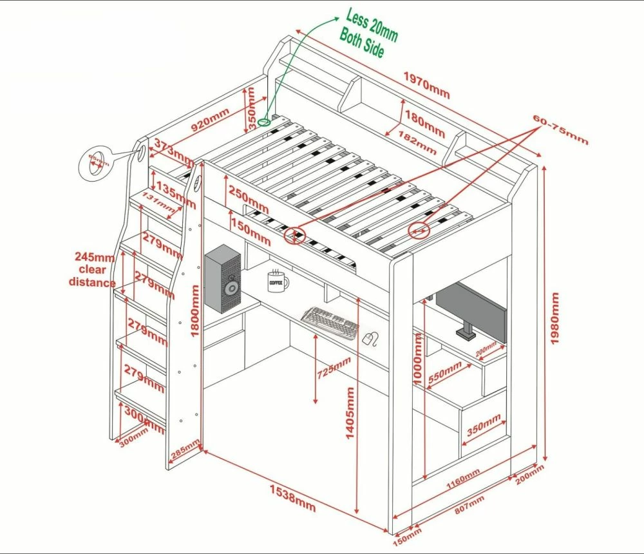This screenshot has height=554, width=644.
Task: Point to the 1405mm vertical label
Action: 350,413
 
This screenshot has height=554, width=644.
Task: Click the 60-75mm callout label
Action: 560,129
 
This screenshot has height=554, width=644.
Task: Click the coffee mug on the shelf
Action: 278,281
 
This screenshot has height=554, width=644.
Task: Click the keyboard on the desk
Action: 330,323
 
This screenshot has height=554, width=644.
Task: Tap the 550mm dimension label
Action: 445,374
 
